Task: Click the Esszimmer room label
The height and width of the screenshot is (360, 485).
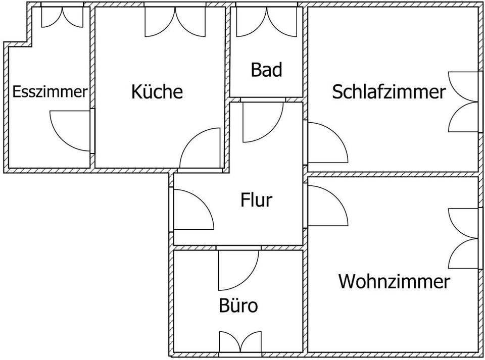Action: pyautogui.click(x=50, y=92)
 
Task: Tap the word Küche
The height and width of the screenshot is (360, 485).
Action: pyautogui.click(x=157, y=92)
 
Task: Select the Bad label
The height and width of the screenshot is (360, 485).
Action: pyautogui.click(x=266, y=70)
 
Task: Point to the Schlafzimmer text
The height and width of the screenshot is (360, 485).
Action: pyautogui.click(x=389, y=92)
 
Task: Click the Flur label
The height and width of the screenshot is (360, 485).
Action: pyautogui.click(x=256, y=200)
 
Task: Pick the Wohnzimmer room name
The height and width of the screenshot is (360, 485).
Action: pyautogui.click(x=394, y=281)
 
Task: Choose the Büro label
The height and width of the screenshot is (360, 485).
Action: pyautogui.click(x=238, y=305)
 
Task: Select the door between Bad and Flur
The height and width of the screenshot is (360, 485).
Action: pyautogui.click(x=263, y=121)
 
